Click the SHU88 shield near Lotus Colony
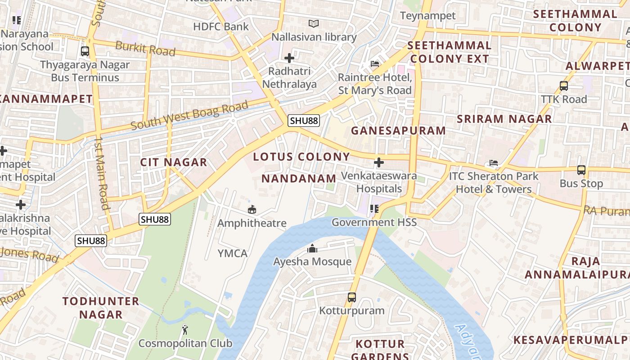304,121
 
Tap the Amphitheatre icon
252,209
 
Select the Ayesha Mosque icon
312,248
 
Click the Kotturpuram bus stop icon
351,297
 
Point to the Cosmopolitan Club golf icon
185,330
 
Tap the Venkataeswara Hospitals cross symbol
379,162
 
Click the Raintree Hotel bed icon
374,64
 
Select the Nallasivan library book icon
313,23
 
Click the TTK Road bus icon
563,85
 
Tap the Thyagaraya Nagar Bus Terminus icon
85,51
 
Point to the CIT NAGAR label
174,162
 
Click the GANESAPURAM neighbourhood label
398,131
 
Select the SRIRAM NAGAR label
504,119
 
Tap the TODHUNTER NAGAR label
101,308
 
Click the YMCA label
233,253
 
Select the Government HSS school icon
373,208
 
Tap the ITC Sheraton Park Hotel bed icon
494,163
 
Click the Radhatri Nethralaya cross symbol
289,58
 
